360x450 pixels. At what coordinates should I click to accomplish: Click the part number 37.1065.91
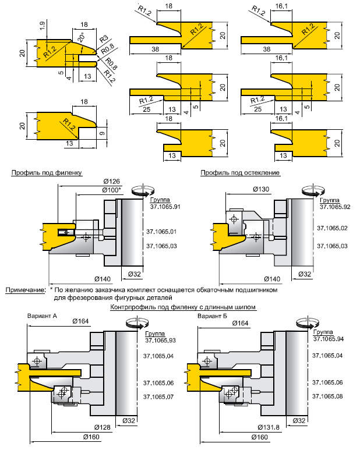(165, 206)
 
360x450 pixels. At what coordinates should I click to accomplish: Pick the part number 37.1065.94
(329, 339)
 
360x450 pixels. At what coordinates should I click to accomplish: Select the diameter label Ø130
(260, 190)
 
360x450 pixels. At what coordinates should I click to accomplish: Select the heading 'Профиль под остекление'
(240, 172)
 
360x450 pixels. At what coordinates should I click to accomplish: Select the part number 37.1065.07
(159, 396)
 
